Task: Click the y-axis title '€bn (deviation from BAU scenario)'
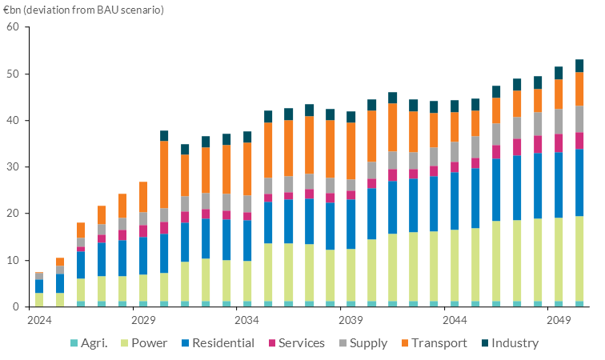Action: coord(83,10)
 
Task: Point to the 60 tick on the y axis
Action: coord(12,27)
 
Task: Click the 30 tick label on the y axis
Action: coord(12,167)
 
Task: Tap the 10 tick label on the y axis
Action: coord(12,261)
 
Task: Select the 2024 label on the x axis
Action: coord(39,320)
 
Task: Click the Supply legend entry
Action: coord(366,343)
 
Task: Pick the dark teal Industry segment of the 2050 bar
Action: coord(579,66)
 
